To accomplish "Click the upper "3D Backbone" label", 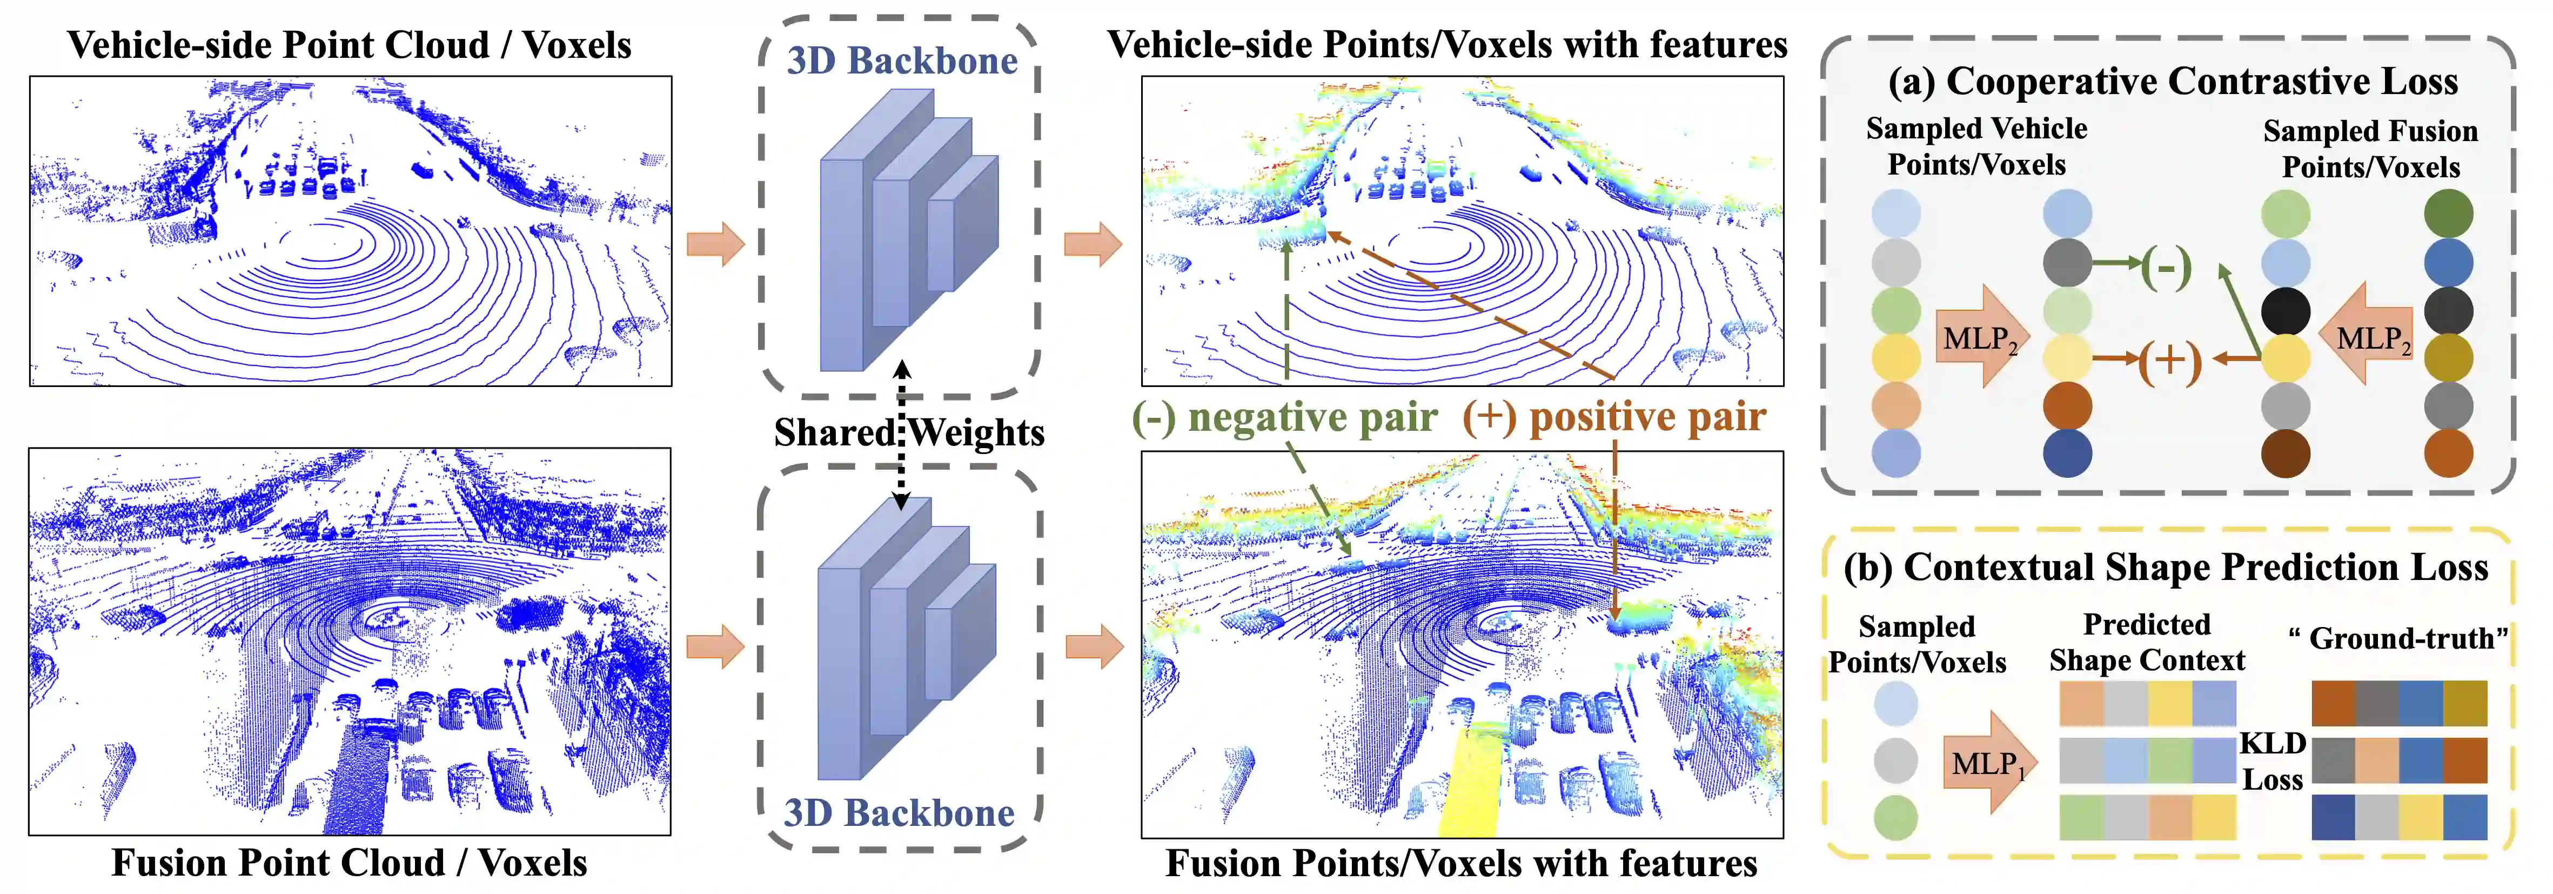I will (x=902, y=62).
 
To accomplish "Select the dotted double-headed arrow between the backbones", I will (x=901, y=436).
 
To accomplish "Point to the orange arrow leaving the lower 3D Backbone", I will (x=1094, y=647).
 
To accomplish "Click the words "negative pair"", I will (x=1312, y=417).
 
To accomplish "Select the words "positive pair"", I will (x=1647, y=417).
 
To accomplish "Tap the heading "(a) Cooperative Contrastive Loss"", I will (x=2173, y=81).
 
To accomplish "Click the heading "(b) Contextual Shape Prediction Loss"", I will (x=2166, y=567).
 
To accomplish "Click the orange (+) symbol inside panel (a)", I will (x=2168, y=360).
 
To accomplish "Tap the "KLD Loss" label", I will (x=2273, y=761).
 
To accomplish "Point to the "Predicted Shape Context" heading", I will (x=2147, y=642).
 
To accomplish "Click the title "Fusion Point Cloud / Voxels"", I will (x=349, y=862).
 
